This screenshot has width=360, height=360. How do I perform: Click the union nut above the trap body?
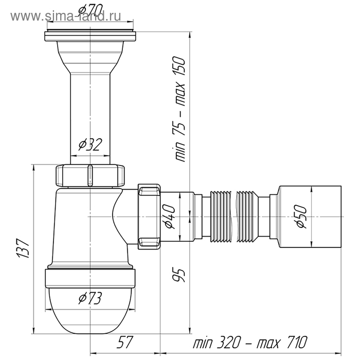90,175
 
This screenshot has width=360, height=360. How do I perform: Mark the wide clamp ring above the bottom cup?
90,278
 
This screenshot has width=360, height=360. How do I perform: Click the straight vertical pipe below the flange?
90,113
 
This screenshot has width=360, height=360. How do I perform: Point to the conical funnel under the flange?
90,54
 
